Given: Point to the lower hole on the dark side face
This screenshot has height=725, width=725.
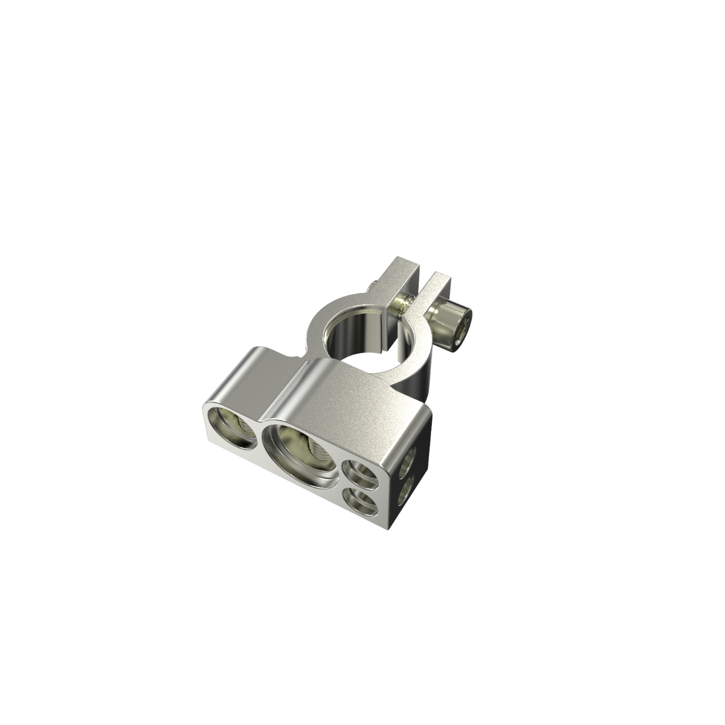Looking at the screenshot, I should [405, 490].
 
